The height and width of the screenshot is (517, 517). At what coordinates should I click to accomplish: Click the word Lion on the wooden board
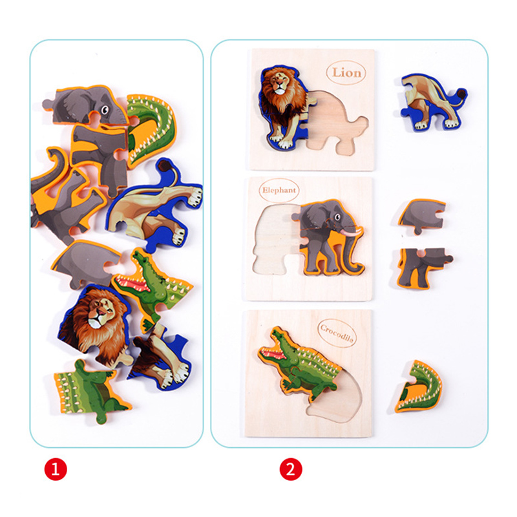click(x=346, y=72)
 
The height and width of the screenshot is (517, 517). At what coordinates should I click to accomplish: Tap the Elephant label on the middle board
click(x=279, y=190)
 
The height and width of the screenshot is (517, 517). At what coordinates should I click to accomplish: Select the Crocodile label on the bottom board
click(x=337, y=333)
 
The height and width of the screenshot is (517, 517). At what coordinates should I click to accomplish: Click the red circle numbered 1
click(x=56, y=469)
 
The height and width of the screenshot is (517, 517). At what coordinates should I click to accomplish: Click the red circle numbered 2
click(x=291, y=469)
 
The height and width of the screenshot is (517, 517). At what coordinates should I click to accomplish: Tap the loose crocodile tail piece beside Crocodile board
click(x=419, y=387)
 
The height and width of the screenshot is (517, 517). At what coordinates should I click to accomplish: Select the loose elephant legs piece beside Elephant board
click(x=423, y=267)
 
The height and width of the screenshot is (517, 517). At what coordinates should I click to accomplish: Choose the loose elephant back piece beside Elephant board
click(x=423, y=215)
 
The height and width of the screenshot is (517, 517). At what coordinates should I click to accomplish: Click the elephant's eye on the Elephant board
click(x=337, y=217)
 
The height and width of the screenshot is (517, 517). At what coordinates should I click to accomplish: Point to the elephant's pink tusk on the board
click(x=351, y=232)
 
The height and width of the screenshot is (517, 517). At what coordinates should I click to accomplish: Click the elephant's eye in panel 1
click(x=104, y=109)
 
